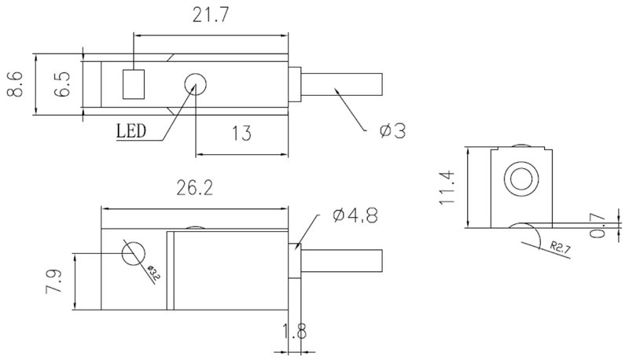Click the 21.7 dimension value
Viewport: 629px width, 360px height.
pyautogui.click(x=210, y=15)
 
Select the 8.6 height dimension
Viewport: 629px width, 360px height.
pyautogui.click(x=15, y=84)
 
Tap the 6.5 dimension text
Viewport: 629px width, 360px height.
pyautogui.click(x=63, y=84)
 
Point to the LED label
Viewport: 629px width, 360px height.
pyautogui.click(x=131, y=130)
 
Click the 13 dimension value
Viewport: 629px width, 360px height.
pyautogui.click(x=241, y=134)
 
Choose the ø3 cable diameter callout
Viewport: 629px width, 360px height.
pyautogui.click(x=392, y=131)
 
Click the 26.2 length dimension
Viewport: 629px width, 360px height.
pyautogui.click(x=194, y=188)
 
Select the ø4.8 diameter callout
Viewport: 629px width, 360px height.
pyautogui.click(x=355, y=215)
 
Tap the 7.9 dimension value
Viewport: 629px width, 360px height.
pyautogui.click(x=54, y=282)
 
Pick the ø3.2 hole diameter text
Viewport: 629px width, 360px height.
pyautogui.click(x=154, y=272)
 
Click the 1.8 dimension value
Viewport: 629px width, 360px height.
pyautogui.click(x=294, y=332)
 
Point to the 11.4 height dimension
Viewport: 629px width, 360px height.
pyautogui.click(x=447, y=188)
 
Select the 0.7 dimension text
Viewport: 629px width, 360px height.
pyautogui.click(x=598, y=225)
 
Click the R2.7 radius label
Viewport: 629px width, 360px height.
pyautogui.click(x=560, y=247)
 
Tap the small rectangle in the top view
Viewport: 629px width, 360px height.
pyautogui.click(x=134, y=84)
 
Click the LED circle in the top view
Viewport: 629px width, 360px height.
pyautogui.click(x=195, y=84)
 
